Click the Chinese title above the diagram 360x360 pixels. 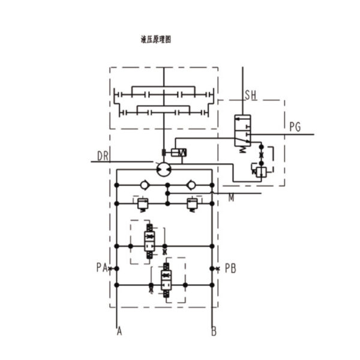[156, 40]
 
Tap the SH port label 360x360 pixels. [251, 95]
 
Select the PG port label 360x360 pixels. [295, 127]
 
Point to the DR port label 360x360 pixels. [103, 156]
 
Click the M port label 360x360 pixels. [231, 197]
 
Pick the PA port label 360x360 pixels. [102, 268]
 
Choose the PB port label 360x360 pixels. [230, 268]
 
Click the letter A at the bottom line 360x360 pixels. [119, 331]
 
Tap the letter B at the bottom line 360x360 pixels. [214, 332]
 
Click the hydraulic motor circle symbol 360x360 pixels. [164, 169]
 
